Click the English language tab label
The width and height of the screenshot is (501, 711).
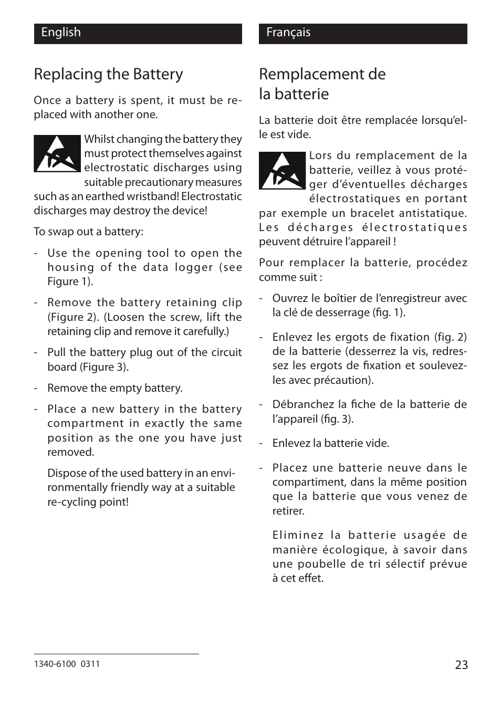click(x=61, y=33)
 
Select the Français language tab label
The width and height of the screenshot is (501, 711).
click(x=288, y=33)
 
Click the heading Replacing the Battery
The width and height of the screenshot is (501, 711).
click(x=108, y=74)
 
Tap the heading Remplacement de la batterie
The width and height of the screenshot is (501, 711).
click(x=322, y=83)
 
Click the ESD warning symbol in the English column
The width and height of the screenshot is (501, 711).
click(x=57, y=153)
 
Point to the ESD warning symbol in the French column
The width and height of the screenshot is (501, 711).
click(x=282, y=170)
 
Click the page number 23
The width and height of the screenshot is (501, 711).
click(x=461, y=665)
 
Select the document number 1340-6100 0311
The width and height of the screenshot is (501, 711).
click(x=67, y=664)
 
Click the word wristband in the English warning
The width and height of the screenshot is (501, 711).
click(x=155, y=196)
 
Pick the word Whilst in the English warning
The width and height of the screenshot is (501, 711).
click(x=99, y=139)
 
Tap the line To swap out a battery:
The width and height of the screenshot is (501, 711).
click(x=88, y=232)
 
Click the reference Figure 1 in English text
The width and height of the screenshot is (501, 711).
click(x=69, y=281)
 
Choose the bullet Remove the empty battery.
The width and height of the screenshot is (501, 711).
click(x=114, y=388)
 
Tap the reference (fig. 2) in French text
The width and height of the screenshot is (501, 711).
click(x=450, y=337)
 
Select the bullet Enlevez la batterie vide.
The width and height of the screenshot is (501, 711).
click(x=330, y=443)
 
